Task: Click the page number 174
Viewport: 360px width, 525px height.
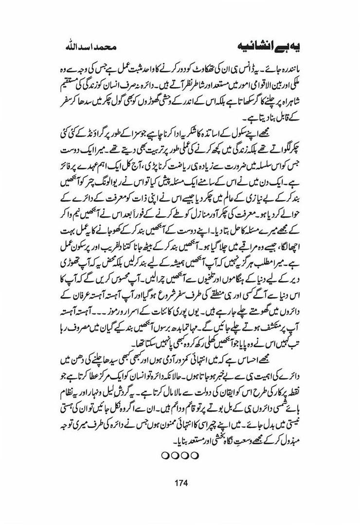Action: [180, 483]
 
